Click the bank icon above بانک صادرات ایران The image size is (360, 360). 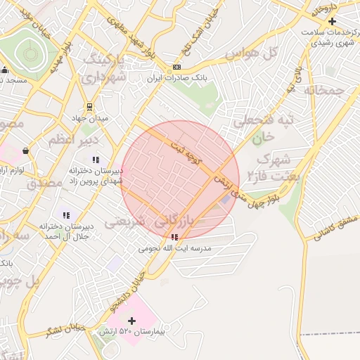tap(176, 67)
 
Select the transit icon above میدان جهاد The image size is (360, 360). tap(89, 107)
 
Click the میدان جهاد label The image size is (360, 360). tap(92, 118)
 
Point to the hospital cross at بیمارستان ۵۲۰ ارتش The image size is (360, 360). tap(131, 321)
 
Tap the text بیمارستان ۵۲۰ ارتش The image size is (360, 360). tap(131, 331)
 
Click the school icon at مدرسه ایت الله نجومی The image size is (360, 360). tap(174, 238)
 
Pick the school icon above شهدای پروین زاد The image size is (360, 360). tap(96, 160)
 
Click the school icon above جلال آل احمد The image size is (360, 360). tap(66, 215)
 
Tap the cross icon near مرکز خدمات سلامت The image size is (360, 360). tap(332, 22)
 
